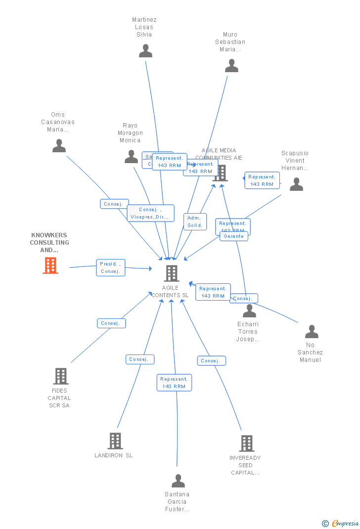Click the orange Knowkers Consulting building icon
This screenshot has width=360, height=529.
[50, 265]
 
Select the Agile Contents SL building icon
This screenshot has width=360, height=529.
[171, 273]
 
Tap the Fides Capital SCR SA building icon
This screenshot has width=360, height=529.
[60, 376]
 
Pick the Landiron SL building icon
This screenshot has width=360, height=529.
[115, 441]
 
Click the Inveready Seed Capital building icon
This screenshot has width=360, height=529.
[246, 443]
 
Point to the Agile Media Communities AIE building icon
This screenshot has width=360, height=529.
[221, 173]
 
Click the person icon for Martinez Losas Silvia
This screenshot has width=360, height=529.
[145, 51]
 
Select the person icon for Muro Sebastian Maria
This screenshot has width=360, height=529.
[231, 66]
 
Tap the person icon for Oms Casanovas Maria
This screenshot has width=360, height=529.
[59, 146]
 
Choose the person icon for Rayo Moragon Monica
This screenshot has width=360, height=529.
[131, 157]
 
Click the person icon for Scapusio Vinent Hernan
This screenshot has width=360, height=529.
[296, 184]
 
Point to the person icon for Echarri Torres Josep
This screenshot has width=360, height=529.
[249, 311]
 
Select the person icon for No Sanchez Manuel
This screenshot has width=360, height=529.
[312, 332]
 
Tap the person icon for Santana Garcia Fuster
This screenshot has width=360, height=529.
[178, 481]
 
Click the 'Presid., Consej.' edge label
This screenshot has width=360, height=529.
[110, 267]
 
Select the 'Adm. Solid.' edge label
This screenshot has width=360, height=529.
[195, 221]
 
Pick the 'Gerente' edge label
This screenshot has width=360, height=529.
[234, 236]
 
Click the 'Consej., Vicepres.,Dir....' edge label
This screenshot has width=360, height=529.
[150, 213]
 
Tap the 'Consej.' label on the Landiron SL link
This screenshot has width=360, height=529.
[140, 359]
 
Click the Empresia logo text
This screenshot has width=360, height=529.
[345, 523]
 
